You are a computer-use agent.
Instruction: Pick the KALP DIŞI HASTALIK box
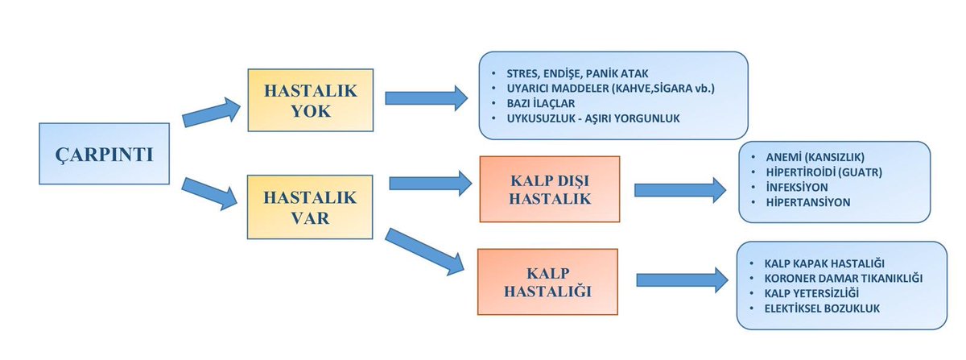coord(549,188)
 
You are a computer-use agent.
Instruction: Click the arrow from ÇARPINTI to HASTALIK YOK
coord(212,112)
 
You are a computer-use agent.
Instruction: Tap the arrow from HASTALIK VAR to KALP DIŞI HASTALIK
coord(430,184)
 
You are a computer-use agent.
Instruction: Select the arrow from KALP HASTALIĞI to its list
coord(678,278)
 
